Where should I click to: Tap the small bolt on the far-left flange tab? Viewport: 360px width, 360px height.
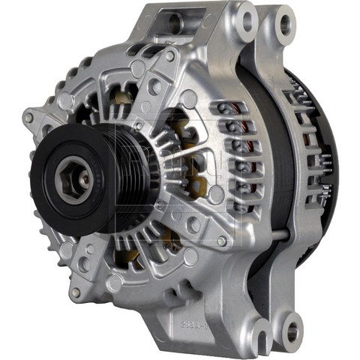tap(28, 118)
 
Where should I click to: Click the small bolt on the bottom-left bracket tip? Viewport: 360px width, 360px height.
tap(76, 292)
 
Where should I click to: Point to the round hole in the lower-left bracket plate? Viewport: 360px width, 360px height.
tap(115, 283)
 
